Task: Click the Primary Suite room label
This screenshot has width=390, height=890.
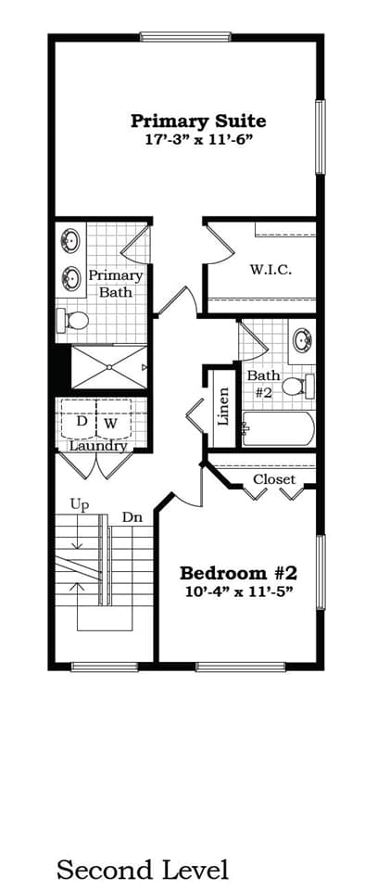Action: point(197,121)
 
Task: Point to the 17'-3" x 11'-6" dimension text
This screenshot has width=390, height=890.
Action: point(197,139)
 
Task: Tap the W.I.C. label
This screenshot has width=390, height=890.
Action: point(270,270)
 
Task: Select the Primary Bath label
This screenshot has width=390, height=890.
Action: point(116,284)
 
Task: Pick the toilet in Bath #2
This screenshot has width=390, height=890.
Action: point(295,386)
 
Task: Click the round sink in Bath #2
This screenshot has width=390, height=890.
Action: point(302,339)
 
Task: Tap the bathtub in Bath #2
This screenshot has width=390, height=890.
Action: point(279,429)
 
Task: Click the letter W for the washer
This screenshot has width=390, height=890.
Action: point(110,423)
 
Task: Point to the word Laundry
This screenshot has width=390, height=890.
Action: point(98,446)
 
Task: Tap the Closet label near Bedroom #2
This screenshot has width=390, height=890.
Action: point(274,479)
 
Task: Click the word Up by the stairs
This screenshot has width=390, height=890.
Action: point(79,503)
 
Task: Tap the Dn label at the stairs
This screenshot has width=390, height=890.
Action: point(132,517)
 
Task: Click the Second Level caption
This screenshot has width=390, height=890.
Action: point(142,870)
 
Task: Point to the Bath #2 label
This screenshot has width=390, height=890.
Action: point(262,383)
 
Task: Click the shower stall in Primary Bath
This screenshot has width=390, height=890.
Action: point(108,366)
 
